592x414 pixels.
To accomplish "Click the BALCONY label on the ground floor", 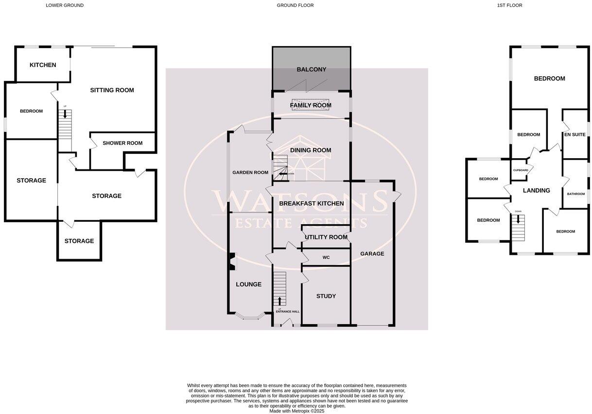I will point(311,69).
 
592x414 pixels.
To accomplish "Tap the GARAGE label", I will point(372,254).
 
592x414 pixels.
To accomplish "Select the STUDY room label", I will point(326,296).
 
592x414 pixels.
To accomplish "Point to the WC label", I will point(326,257).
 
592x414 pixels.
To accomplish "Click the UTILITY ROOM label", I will point(325,237).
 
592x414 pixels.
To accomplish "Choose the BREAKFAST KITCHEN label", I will point(311,203).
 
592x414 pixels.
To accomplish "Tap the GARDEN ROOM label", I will point(250,172).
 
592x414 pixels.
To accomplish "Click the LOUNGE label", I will point(248,284).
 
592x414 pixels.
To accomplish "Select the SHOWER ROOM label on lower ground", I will point(122,143).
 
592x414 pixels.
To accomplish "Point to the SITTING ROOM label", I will point(112,90).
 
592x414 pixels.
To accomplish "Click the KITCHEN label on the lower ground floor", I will point(43,65).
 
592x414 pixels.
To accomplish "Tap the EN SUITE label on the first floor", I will point(575,134).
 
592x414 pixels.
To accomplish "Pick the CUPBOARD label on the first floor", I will point(521,170).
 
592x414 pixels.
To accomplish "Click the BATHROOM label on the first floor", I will point(576,194).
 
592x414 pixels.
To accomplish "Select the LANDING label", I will point(536,191).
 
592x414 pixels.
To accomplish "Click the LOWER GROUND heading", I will point(65,5).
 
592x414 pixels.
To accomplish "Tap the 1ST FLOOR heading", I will point(509,5).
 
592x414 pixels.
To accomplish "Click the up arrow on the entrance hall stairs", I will point(279,300).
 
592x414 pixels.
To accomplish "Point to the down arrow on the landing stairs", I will point(518,219).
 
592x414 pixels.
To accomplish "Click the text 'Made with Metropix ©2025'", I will point(296,411).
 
